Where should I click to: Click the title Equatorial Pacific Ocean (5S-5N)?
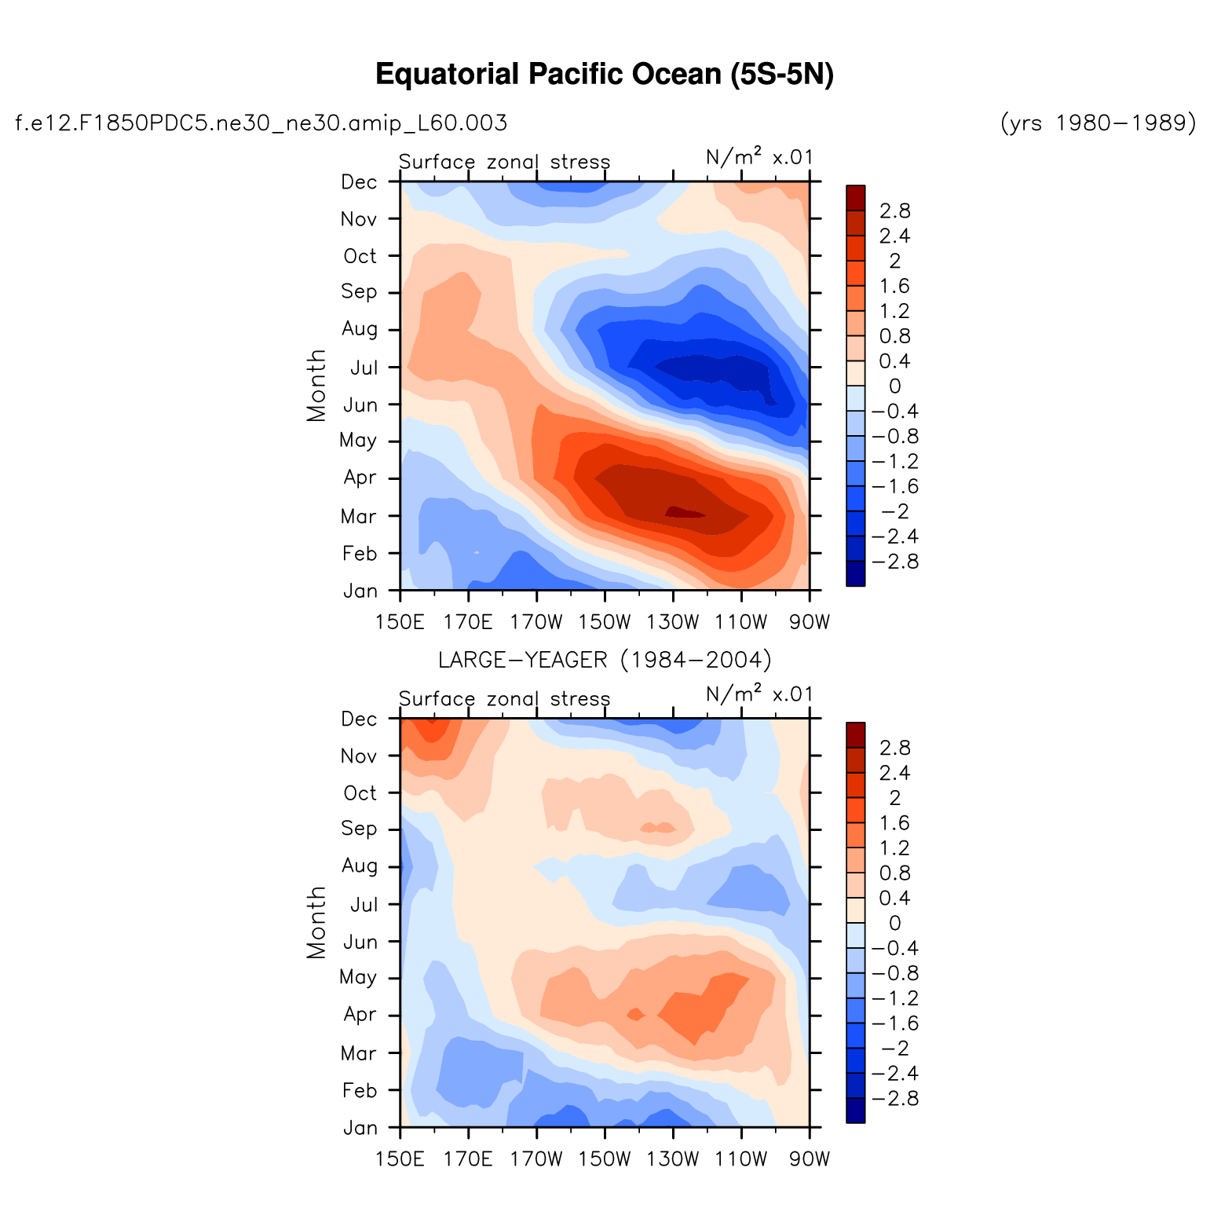pos(604,75)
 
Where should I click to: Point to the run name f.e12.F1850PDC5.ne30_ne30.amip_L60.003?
pos(261,123)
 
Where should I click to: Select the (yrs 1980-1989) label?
pos(1098,123)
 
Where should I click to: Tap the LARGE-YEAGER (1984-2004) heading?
pos(604,660)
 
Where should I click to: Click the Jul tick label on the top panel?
pos(364,368)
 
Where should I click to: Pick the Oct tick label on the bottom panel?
pos(360,793)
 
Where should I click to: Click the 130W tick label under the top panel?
pos(673,624)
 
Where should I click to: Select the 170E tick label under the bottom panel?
pos(468,1160)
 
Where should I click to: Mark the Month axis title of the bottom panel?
pos(316,922)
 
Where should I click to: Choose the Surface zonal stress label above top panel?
pos(504,163)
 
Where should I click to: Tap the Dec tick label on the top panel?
pos(360,182)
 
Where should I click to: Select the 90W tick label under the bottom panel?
pos(809,1160)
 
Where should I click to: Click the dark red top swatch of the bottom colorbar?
pos(856,734)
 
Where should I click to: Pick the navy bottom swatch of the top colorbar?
pos(856,574)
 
